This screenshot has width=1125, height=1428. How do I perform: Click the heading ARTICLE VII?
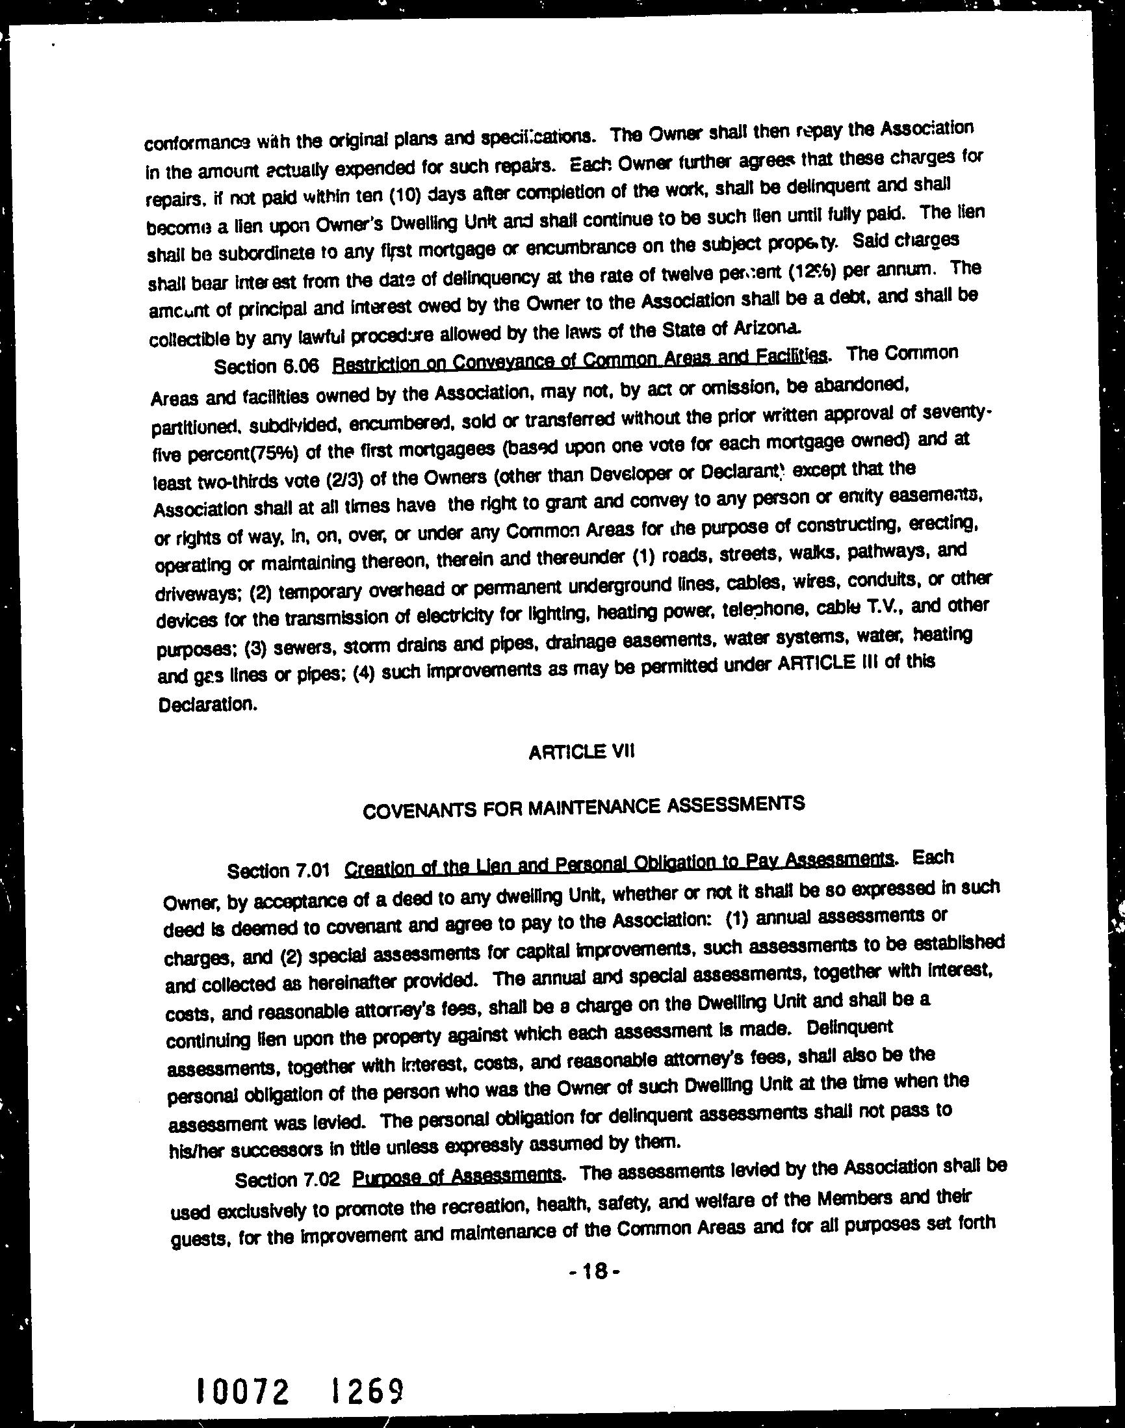(580, 751)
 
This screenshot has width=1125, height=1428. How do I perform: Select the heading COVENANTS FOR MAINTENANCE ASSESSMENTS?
(584, 807)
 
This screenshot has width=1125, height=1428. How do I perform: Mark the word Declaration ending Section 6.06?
(206, 705)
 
